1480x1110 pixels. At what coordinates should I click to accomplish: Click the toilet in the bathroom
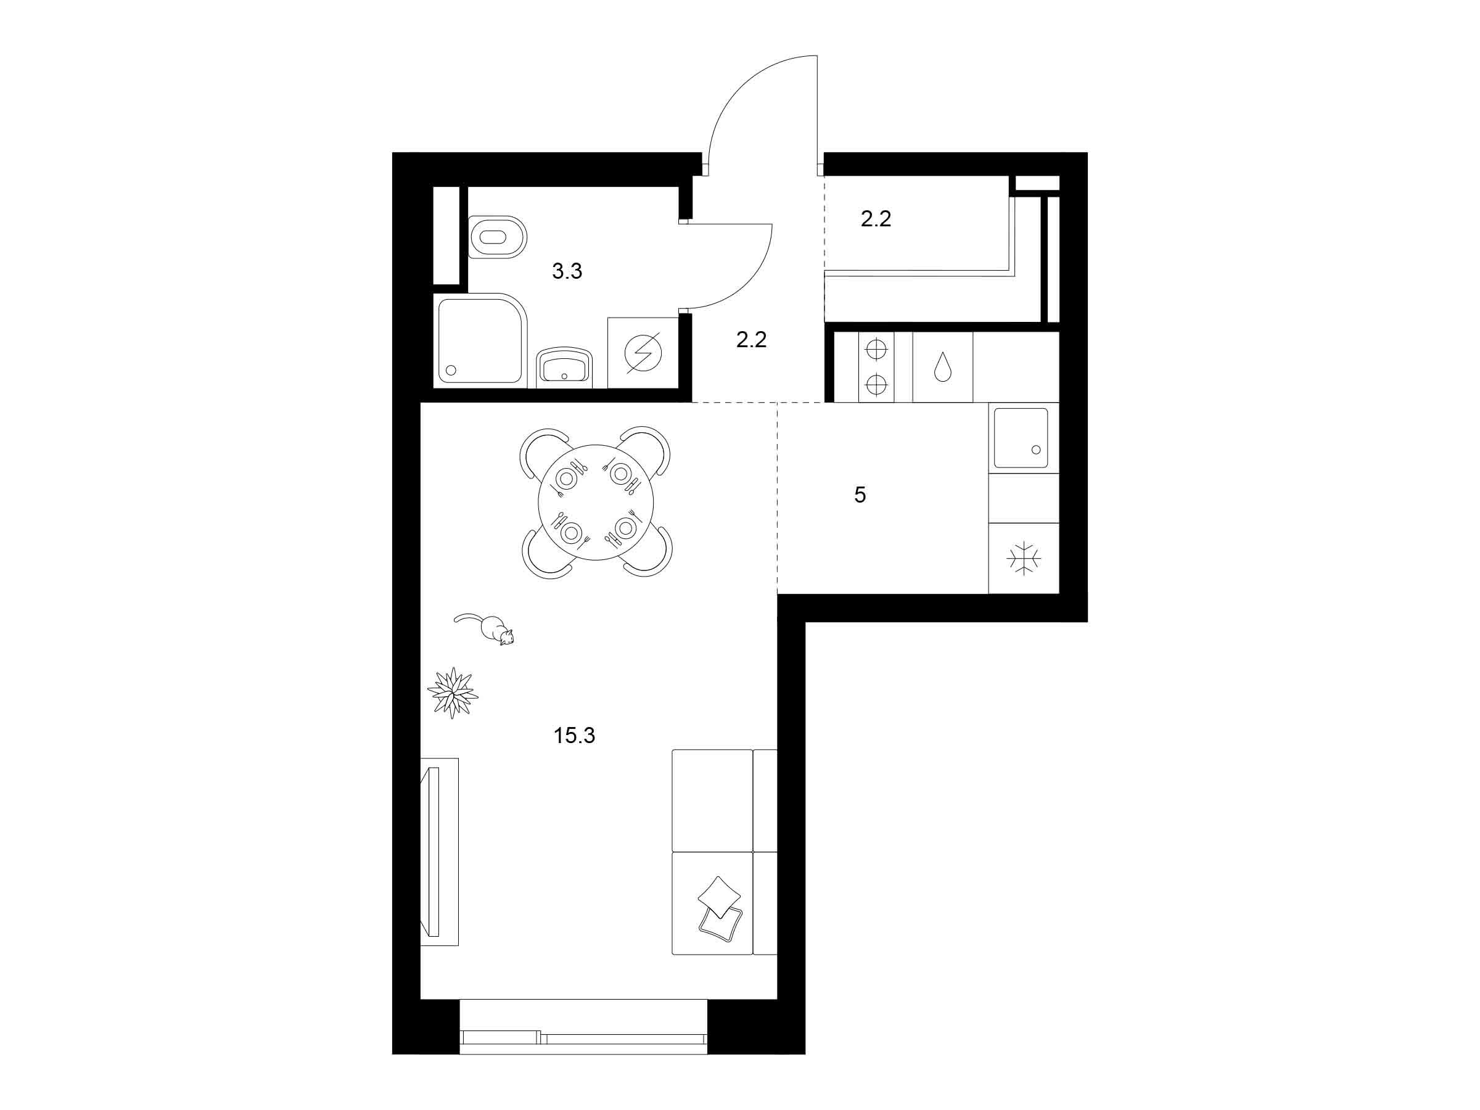(x=498, y=237)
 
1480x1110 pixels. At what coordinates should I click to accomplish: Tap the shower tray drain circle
(x=450, y=369)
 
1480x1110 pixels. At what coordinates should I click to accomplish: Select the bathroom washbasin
(x=564, y=367)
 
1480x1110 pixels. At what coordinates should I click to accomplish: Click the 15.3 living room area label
(x=574, y=736)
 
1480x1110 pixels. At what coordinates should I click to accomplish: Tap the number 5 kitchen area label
(x=860, y=495)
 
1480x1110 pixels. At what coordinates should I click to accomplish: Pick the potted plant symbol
(x=452, y=693)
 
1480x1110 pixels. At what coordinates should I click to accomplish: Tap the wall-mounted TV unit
(x=439, y=852)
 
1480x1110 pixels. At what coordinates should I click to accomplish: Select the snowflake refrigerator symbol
(x=1024, y=559)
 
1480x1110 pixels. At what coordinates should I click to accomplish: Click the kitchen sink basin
(x=1021, y=438)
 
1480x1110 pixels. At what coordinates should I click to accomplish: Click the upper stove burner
(x=876, y=350)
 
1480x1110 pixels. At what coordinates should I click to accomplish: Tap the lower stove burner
(x=876, y=384)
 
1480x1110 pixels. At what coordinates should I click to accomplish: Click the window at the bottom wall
(x=583, y=1036)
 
